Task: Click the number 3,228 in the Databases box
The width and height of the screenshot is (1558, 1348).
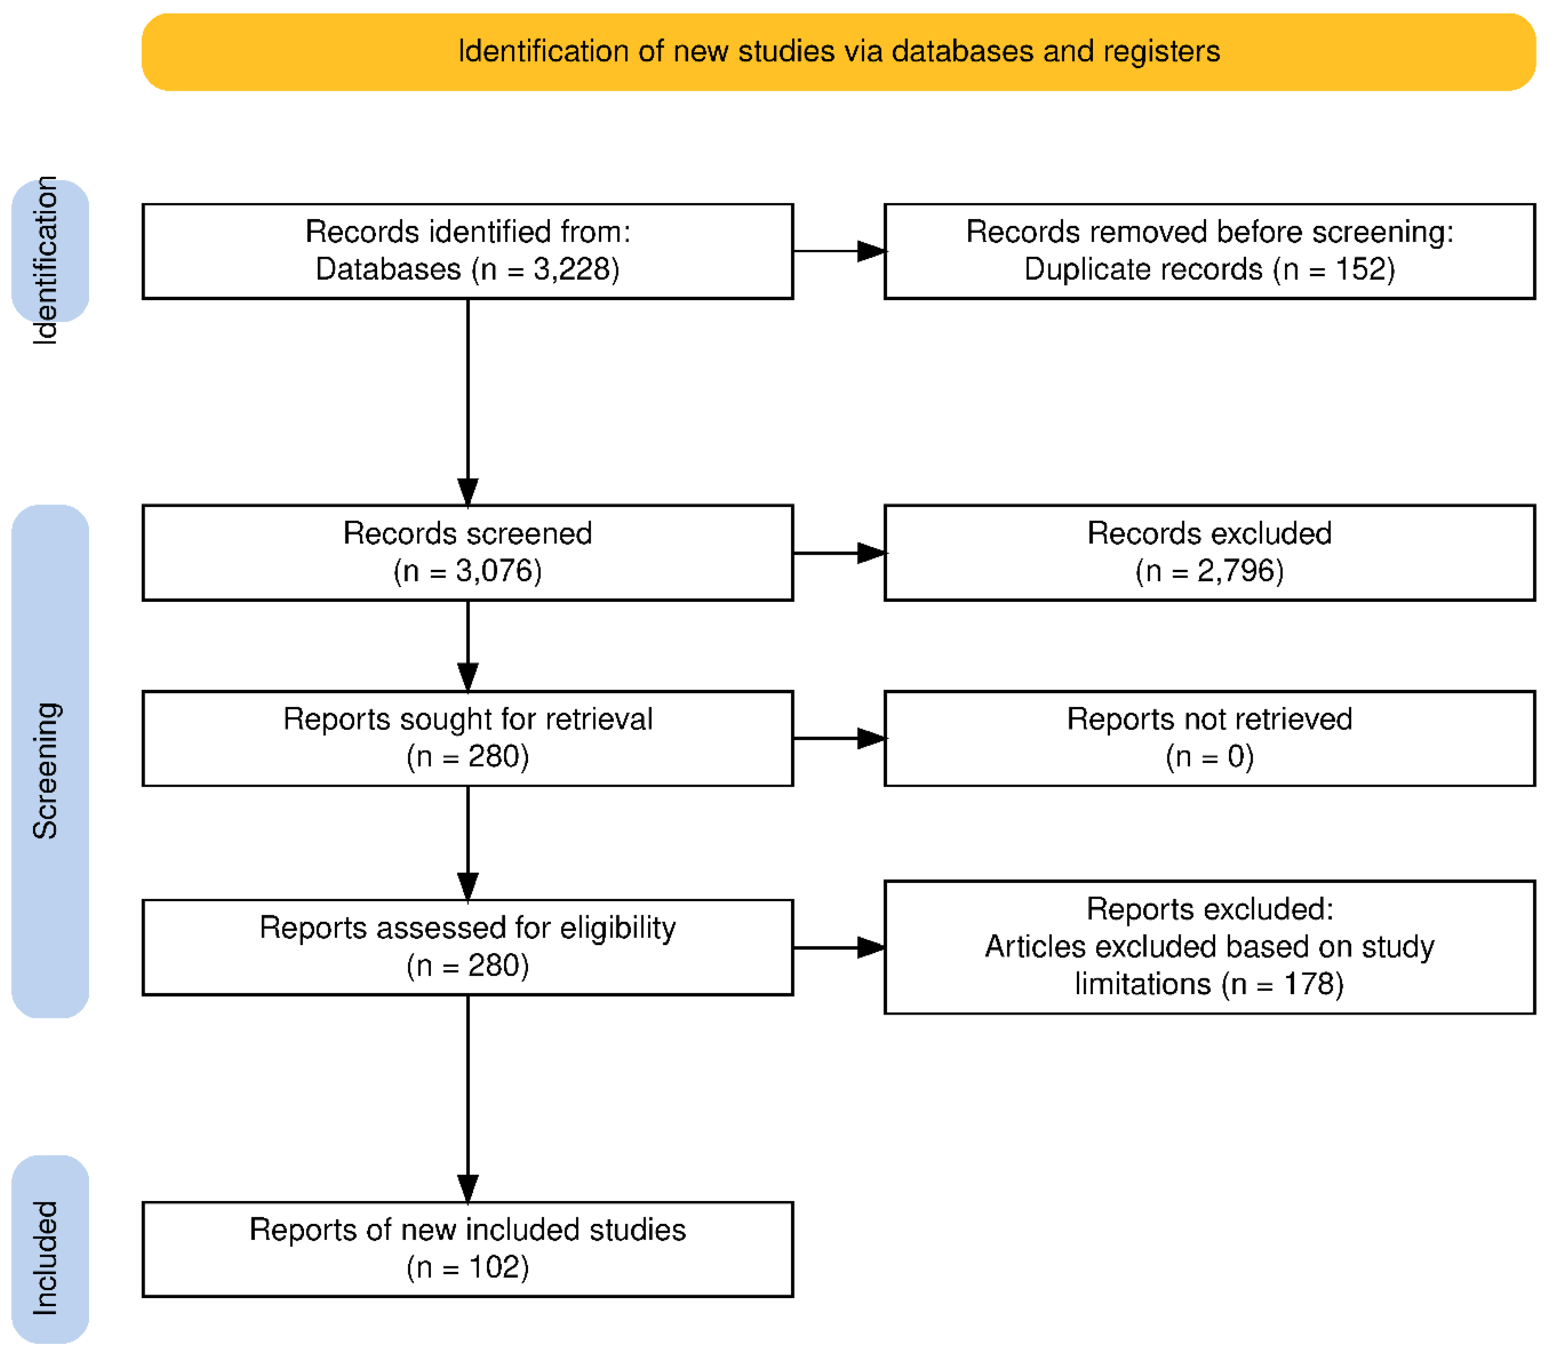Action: tap(575, 269)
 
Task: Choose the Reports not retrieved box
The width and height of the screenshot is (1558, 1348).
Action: tap(1210, 739)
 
